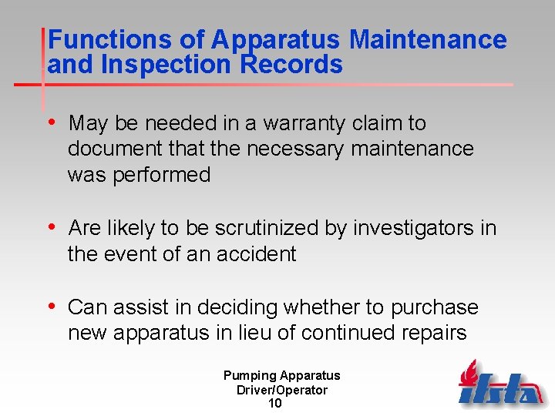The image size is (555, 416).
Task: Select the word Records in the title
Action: tap(292, 65)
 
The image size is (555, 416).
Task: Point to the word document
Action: tap(113, 149)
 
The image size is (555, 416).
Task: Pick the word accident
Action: tap(257, 254)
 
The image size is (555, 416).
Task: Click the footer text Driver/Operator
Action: tap(281, 390)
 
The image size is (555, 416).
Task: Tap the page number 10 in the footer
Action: tap(274, 403)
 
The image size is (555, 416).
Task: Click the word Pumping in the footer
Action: tap(249, 376)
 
